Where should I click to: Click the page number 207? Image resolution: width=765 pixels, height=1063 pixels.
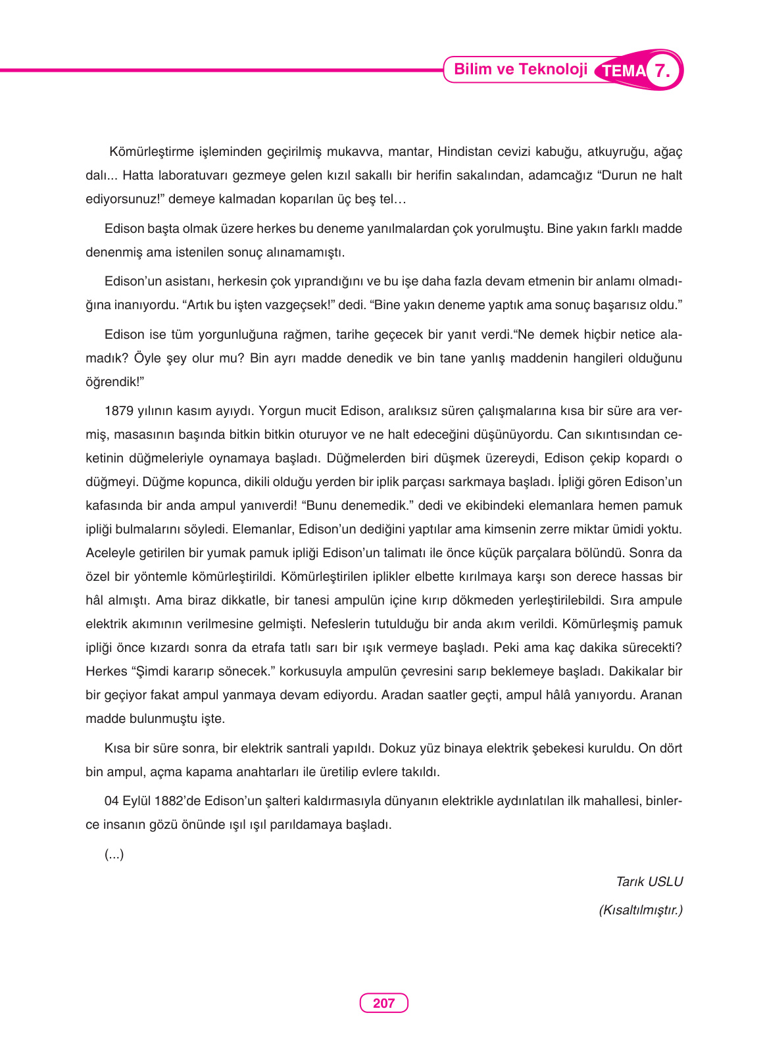point(383,1003)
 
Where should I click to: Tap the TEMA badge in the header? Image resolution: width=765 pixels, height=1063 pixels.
point(623,71)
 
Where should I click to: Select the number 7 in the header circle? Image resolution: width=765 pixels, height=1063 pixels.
point(663,70)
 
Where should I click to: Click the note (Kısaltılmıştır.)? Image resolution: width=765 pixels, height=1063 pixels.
point(640,910)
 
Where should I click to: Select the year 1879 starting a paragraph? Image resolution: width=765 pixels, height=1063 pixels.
point(118,411)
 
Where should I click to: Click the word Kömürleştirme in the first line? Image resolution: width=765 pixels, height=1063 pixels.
point(151,152)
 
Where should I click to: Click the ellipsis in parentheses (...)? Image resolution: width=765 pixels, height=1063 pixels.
point(114,854)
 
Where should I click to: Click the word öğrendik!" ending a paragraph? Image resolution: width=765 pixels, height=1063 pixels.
point(114,382)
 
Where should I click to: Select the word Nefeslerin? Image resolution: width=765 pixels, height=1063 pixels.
point(341,624)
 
